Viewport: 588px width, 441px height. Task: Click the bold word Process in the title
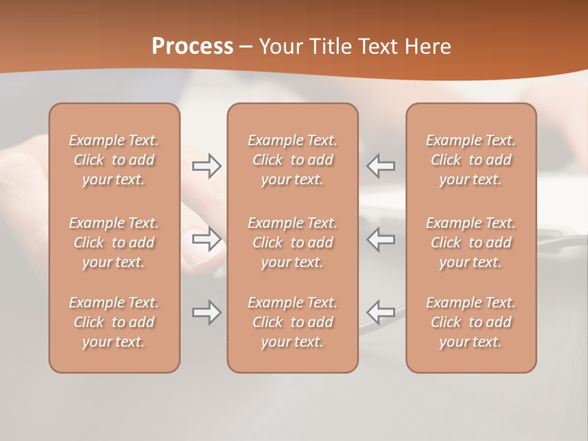point(192,47)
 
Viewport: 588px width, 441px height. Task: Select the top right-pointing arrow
point(207,166)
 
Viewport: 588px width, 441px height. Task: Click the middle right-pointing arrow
point(207,239)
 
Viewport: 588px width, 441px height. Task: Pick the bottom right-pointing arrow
point(207,312)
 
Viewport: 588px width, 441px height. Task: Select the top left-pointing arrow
point(380,166)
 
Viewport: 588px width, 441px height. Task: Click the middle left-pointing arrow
point(380,239)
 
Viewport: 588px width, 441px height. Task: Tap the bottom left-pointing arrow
point(380,312)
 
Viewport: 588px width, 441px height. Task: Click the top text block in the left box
point(114,160)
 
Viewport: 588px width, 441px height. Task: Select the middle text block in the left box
point(114,243)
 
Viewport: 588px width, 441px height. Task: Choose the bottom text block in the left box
point(114,322)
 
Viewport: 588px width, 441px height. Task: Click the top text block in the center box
point(292,160)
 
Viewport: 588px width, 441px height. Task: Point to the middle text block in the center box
point(292,243)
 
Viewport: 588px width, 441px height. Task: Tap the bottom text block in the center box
point(292,322)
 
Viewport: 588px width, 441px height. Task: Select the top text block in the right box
point(470,160)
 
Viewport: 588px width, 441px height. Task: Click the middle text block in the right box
point(470,243)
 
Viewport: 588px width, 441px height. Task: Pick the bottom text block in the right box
point(470,322)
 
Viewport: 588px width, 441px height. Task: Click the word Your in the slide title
point(282,47)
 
